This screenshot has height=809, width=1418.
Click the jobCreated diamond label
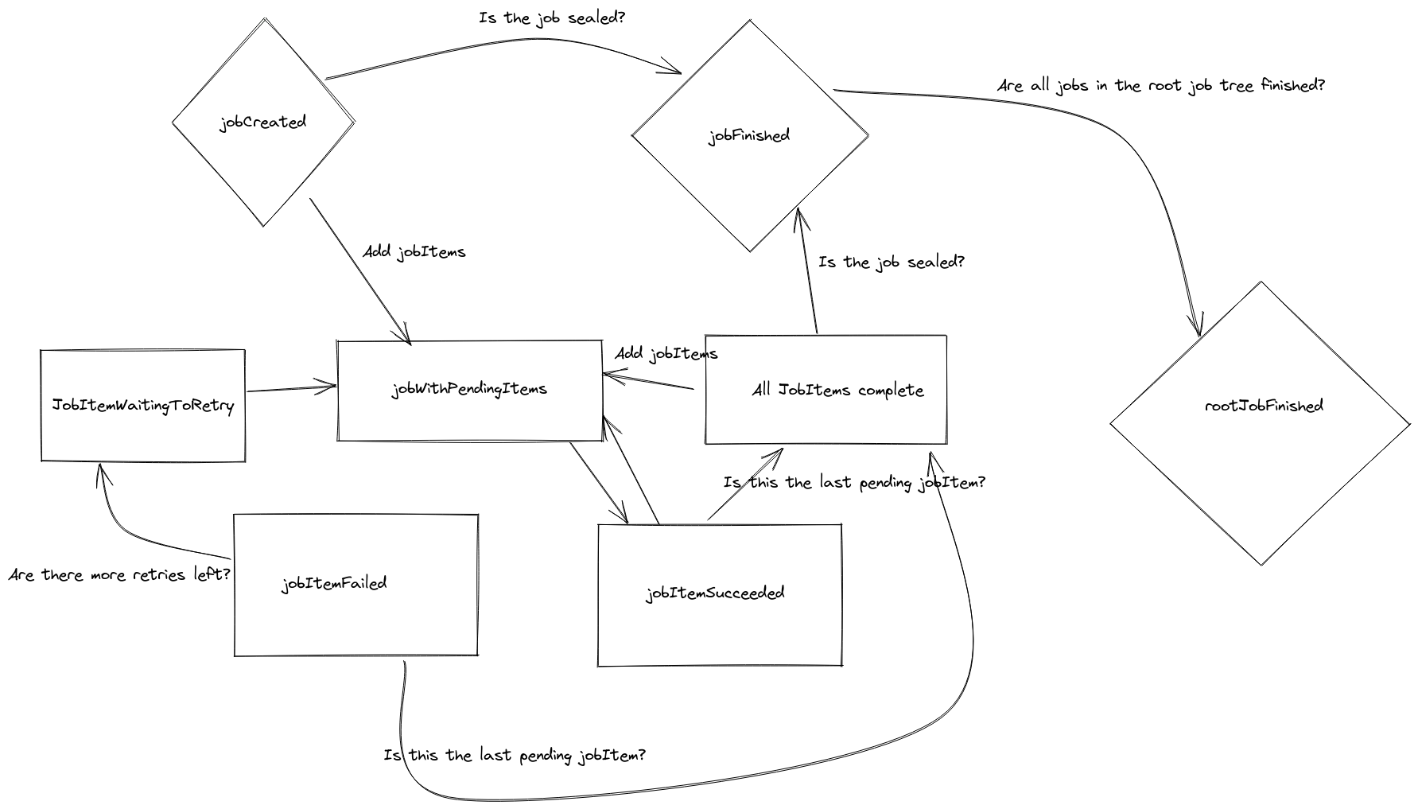262,123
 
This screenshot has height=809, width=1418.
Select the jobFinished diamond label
749,136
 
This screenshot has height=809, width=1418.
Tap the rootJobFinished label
1264,406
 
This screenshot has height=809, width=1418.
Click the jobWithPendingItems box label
469,389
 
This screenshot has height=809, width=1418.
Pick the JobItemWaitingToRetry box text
143,406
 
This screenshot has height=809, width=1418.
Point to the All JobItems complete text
837,391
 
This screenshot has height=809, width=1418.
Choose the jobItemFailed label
334,584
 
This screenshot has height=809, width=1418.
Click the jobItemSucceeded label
715,593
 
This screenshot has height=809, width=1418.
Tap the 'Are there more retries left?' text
119,574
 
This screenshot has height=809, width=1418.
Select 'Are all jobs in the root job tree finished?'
1160,86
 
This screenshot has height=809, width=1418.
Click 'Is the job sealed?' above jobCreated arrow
552,18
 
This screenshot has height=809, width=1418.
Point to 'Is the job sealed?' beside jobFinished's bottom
891,263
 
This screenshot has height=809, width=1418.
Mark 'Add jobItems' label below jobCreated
414,252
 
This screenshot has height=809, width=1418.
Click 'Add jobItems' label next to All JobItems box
666,354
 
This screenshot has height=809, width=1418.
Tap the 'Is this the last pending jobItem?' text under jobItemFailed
515,755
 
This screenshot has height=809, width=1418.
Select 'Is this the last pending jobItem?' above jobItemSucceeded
854,483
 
